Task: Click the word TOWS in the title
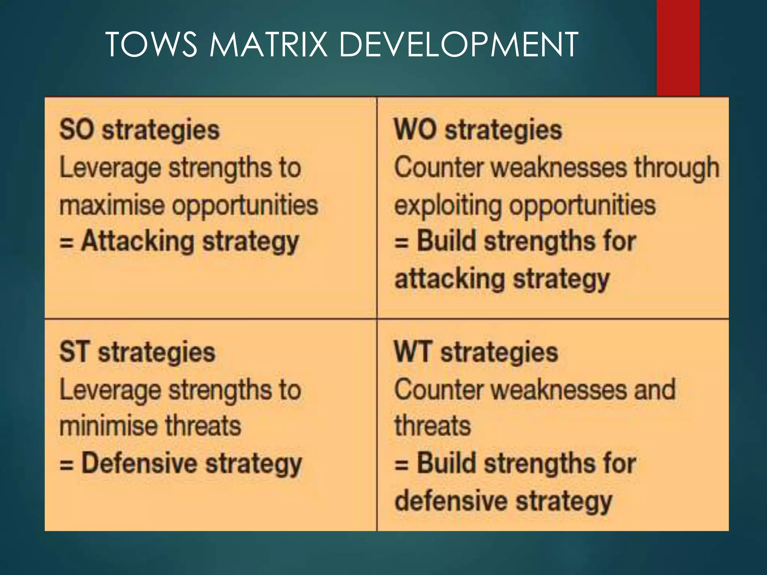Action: [151, 45]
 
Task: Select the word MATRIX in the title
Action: [268, 45]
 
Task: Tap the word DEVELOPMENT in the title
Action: [458, 45]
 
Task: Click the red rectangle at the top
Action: [678, 48]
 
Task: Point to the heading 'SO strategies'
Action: [139, 130]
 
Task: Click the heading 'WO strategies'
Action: [478, 130]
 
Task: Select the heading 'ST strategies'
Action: [137, 352]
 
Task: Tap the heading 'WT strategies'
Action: [476, 352]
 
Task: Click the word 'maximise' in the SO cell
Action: [112, 205]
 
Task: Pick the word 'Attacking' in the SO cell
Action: [138, 241]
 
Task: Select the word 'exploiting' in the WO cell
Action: [448, 206]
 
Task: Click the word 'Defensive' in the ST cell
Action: [139, 463]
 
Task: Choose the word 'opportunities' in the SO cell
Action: [245, 206]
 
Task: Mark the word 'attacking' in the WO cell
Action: [450, 279]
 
